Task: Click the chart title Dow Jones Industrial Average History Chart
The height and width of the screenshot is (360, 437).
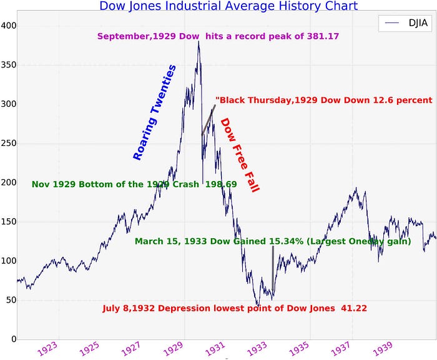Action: (x=228, y=6)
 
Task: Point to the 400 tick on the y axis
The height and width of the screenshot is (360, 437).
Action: (x=9, y=26)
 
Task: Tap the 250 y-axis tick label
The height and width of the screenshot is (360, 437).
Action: (x=9, y=144)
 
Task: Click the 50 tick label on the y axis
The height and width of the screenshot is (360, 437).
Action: (x=11, y=300)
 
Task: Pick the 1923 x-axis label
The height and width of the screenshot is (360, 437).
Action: (x=49, y=349)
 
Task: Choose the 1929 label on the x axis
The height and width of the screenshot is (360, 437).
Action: (x=174, y=349)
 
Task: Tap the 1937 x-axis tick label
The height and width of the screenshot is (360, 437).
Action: (x=340, y=349)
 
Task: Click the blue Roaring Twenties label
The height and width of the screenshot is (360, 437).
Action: (x=155, y=113)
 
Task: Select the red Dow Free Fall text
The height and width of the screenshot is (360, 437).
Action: (x=239, y=155)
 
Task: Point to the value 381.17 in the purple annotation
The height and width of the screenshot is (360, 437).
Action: (x=323, y=36)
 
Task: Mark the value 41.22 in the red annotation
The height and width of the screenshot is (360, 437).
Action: (x=366, y=308)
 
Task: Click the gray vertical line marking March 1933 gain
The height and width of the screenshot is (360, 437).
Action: (x=273, y=268)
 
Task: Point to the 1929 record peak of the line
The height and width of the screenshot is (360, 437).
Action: (x=199, y=42)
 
